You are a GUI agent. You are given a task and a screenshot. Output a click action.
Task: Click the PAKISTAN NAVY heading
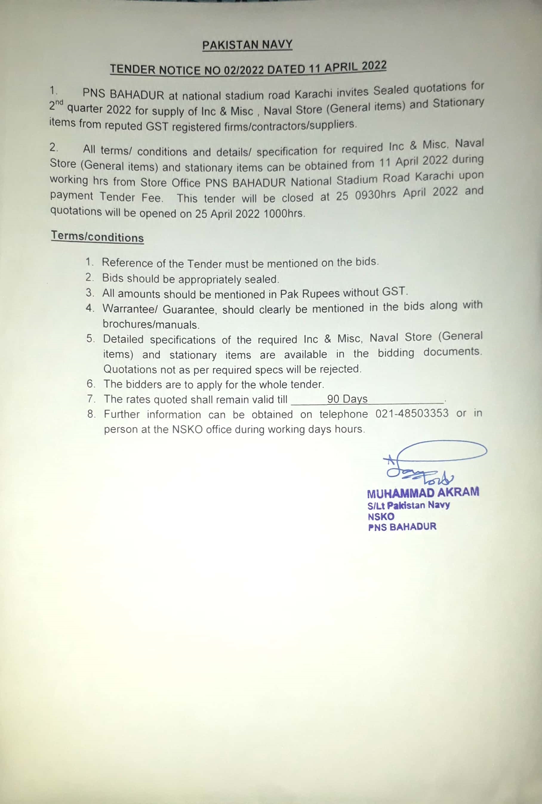click(x=247, y=45)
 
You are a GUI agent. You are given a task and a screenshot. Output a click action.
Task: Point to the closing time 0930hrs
click(x=375, y=195)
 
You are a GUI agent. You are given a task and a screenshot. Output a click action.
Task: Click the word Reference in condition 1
click(x=127, y=263)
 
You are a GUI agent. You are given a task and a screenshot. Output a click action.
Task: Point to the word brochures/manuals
click(x=151, y=325)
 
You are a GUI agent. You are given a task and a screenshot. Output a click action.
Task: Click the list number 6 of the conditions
click(x=90, y=384)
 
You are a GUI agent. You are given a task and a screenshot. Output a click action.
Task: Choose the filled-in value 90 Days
click(x=347, y=399)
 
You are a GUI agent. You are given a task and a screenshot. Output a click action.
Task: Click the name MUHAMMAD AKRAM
click(x=423, y=492)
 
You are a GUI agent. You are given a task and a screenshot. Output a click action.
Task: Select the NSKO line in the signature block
click(x=381, y=517)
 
